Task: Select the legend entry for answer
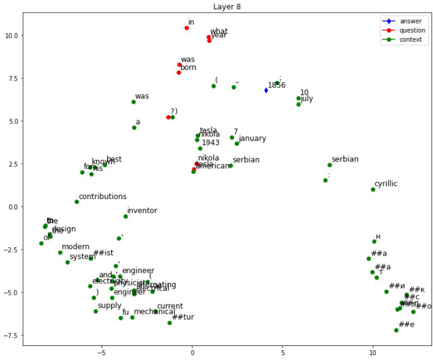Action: pyautogui.click(x=410, y=21)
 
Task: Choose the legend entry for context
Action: pyautogui.click(x=411, y=40)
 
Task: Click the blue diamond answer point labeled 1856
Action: pyautogui.click(x=266, y=90)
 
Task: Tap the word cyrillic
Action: pyautogui.click(x=386, y=184)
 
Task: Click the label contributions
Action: pyautogui.click(x=102, y=196)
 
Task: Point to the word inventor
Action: pyautogui.click(x=142, y=210)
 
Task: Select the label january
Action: pyautogui.click(x=252, y=138)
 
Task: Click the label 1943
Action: pyautogui.click(x=210, y=142)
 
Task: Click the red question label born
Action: pyautogui.click(x=188, y=67)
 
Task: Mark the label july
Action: pyautogui.click(x=306, y=98)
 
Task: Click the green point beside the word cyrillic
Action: pyautogui.click(x=373, y=189)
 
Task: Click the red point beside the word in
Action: pyautogui.click(x=186, y=28)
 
